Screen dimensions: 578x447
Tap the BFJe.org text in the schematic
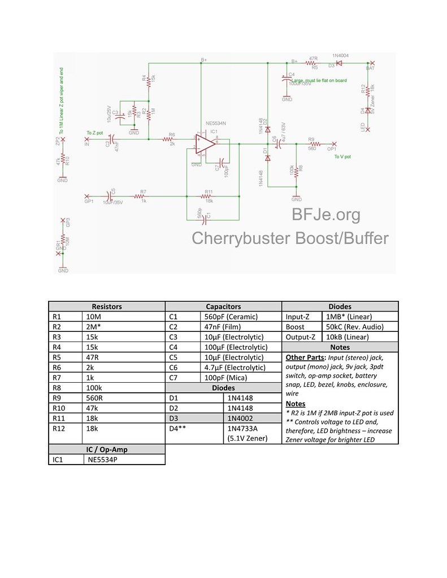tap(326, 214)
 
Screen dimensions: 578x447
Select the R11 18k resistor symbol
tap(208, 196)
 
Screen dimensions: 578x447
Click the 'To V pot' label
tap(342, 156)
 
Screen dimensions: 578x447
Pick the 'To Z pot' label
tap(95, 133)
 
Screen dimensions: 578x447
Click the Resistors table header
tap(106, 306)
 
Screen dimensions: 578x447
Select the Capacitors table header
tap(223, 306)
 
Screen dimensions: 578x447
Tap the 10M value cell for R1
tap(94, 317)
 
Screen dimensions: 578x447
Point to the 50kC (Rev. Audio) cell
tap(354, 327)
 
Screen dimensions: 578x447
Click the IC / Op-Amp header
tap(106, 449)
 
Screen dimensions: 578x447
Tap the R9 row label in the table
tap(56, 398)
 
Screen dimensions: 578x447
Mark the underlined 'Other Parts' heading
tap(305, 357)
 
